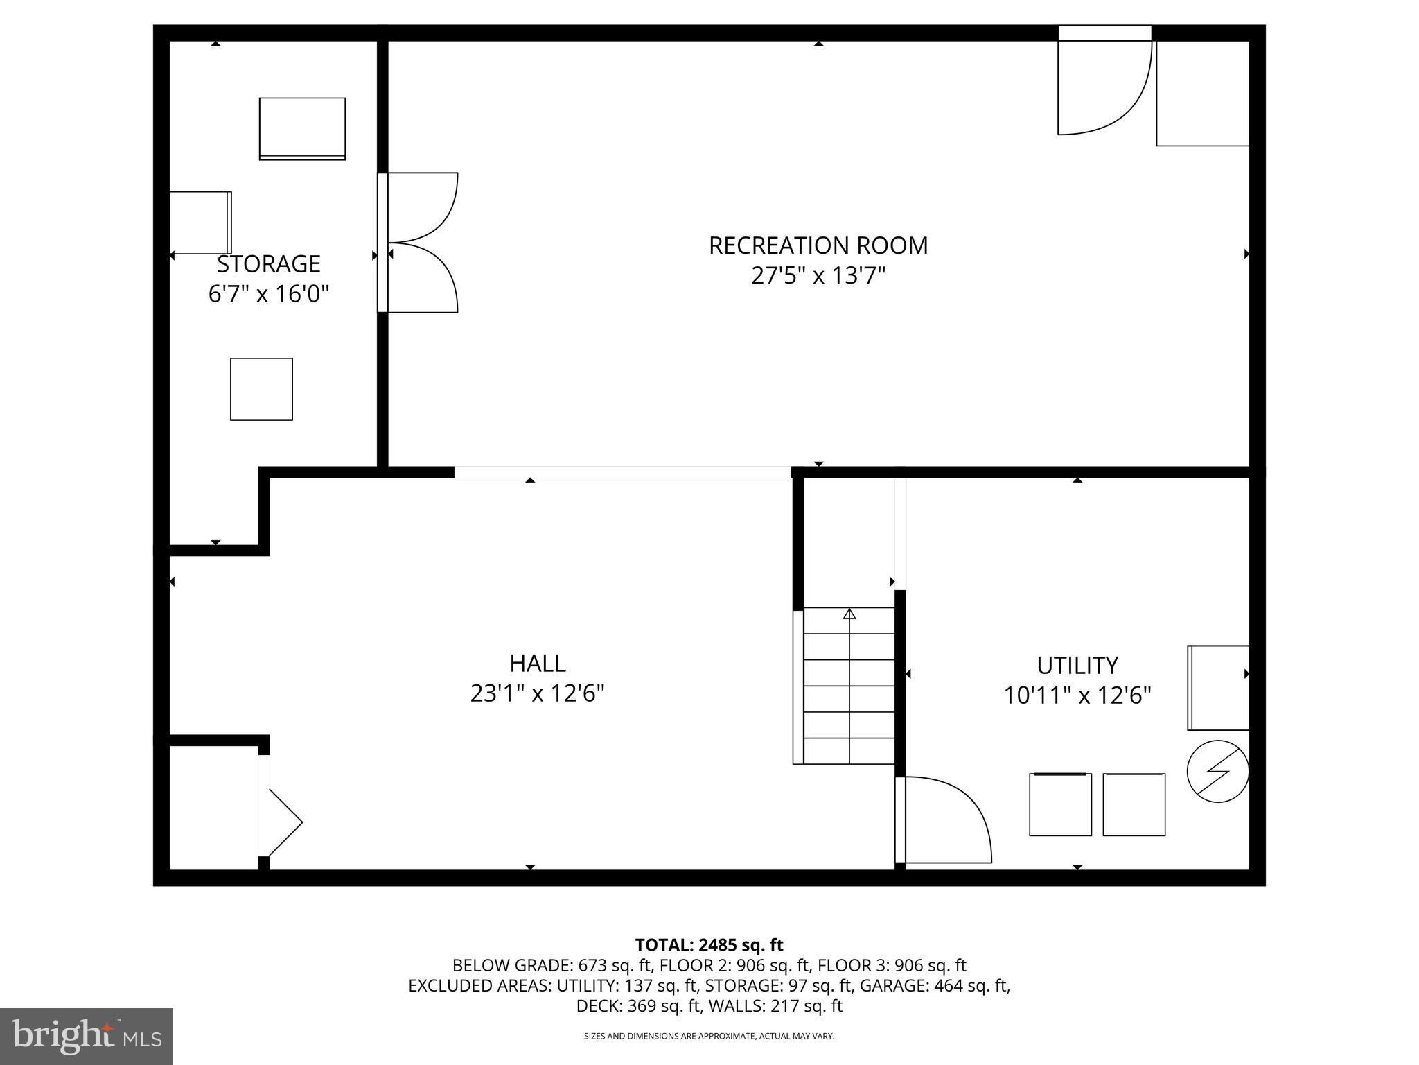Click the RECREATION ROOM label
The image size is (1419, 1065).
(x=818, y=245)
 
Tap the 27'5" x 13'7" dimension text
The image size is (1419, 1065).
(x=818, y=276)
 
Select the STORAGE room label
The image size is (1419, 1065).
(x=269, y=264)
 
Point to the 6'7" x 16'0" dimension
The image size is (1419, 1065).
(x=269, y=294)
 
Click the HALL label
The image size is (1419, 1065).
(x=538, y=664)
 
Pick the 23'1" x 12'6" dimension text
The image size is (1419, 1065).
(x=538, y=693)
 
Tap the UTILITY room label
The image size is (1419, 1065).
(x=1077, y=666)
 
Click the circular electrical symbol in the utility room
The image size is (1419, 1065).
(x=1217, y=771)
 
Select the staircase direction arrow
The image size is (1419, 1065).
(x=849, y=614)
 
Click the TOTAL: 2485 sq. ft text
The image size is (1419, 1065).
(x=709, y=945)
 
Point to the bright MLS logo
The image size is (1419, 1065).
(x=87, y=1036)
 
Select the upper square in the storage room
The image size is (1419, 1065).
(x=302, y=129)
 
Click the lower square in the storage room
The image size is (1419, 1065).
(x=261, y=389)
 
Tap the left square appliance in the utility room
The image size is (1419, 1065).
(x=1060, y=804)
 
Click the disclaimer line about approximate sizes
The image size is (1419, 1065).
(x=709, y=1036)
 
